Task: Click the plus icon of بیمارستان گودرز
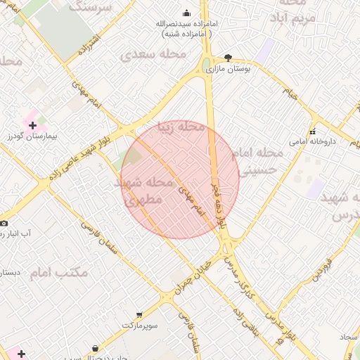pyautogui.click(x=33, y=125)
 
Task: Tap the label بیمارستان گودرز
pyautogui.click(x=33, y=136)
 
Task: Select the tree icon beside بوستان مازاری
pyautogui.click(x=228, y=58)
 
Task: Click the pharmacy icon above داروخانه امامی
pyautogui.click(x=312, y=131)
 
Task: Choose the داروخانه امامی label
pyautogui.click(x=312, y=141)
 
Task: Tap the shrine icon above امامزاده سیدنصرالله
pyautogui.click(x=186, y=13)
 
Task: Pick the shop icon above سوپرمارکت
pyautogui.click(x=139, y=315)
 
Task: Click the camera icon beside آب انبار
pyautogui.click(x=4, y=223)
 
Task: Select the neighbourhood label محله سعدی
pyautogui.click(x=153, y=54)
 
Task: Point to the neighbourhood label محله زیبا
pyautogui.click(x=181, y=127)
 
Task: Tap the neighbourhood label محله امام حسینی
pyautogui.click(x=261, y=161)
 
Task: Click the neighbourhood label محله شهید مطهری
pyautogui.click(x=143, y=191)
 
